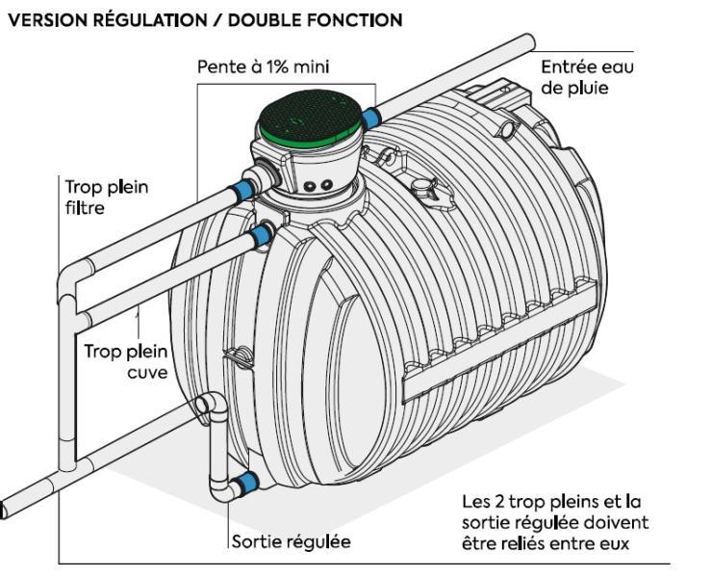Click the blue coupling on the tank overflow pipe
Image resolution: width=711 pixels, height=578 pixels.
click(x=259, y=234)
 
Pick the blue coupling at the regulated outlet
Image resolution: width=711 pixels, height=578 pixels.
click(x=247, y=482)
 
